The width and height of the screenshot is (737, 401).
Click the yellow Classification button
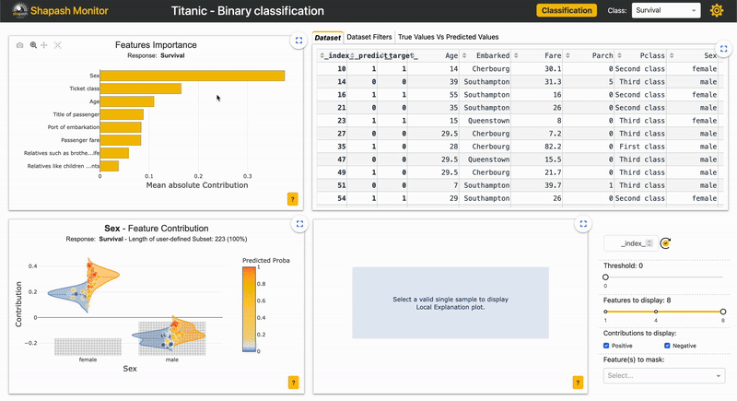tap(567, 11)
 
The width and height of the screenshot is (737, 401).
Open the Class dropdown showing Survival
tap(666, 11)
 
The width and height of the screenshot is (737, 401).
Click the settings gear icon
tap(718, 11)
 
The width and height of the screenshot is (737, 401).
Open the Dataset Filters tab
tap(368, 38)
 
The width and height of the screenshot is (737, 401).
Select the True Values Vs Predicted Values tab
tap(449, 38)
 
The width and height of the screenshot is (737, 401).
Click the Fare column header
tap(550, 55)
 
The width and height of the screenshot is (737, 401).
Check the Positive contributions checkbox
tap(607, 346)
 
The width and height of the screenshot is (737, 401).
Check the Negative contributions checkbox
tap(668, 346)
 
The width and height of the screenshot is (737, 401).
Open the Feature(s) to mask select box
tap(663, 375)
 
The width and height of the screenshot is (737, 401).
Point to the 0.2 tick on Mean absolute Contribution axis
tap(198, 175)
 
